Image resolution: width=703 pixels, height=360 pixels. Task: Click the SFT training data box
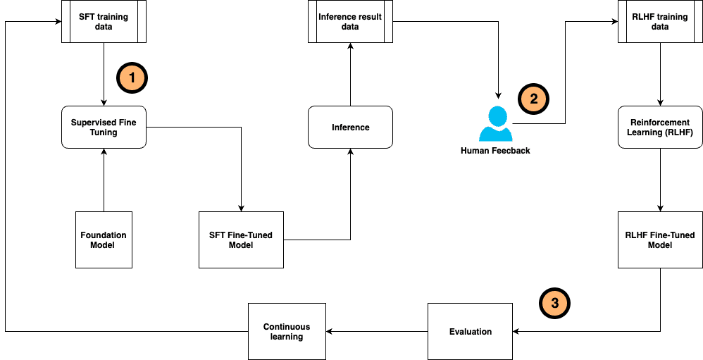coord(104,22)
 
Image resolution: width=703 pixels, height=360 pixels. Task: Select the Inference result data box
coord(350,22)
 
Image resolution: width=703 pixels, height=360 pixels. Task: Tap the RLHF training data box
coord(660,22)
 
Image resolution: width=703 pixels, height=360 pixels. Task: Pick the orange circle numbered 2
coord(533,99)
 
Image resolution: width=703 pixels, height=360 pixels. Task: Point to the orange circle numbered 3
coord(554,303)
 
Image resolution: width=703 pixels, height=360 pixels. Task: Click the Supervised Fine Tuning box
coord(104,127)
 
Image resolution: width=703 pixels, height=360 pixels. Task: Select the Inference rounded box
coord(350,127)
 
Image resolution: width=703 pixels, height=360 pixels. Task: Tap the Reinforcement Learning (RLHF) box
coord(660,127)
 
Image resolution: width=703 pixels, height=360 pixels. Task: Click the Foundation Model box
coord(104,240)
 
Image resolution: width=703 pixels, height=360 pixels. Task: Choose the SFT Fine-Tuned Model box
coord(241,240)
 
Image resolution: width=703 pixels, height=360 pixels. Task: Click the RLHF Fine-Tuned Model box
coord(660,240)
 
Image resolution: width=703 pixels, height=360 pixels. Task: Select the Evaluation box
coord(470,331)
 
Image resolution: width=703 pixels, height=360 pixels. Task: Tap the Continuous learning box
coord(287,331)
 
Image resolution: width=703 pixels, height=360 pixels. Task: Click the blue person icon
coord(496,124)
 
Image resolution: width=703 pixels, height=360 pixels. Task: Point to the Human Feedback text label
coord(495,151)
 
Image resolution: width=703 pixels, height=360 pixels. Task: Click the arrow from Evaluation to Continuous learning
coord(377,331)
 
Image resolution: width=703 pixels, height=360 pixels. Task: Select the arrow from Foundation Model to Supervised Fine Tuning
coord(104,180)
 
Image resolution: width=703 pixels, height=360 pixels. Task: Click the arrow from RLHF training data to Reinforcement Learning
coord(660,74)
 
